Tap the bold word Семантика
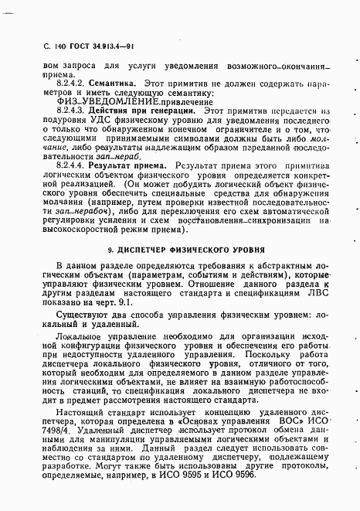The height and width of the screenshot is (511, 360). [114, 80]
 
